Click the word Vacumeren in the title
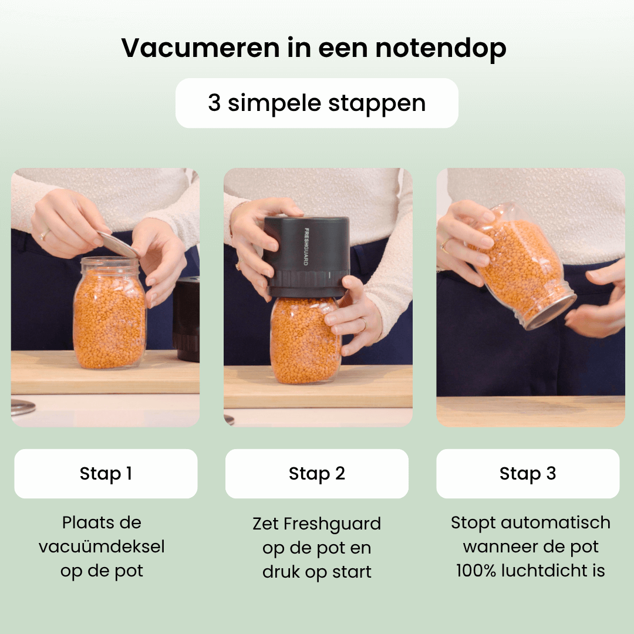point(200,48)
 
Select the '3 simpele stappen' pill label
point(316,103)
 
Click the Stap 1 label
point(106,474)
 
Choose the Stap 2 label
point(317,474)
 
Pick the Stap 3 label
point(528,474)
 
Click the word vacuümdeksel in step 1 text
point(102,547)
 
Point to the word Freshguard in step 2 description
point(332,524)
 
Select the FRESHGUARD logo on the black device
point(306,247)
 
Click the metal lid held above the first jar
point(118,244)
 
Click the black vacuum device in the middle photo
point(306,257)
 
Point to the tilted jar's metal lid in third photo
point(551,312)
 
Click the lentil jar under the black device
point(306,340)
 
